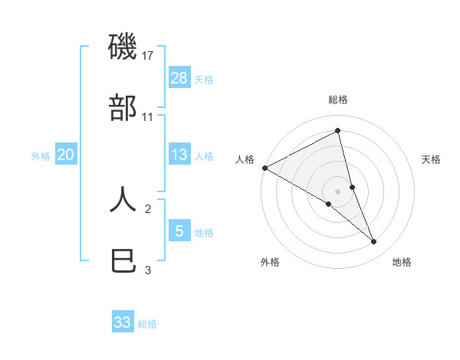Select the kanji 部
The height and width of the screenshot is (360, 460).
pos(123,109)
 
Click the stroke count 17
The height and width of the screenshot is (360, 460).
pos(149,56)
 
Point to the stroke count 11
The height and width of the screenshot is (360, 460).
pos(149,117)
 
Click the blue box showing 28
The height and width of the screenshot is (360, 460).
pos(179,78)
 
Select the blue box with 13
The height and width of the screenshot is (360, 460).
pos(179,155)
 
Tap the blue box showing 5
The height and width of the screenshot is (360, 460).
pos(179,231)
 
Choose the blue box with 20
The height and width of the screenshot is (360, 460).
pos(66,155)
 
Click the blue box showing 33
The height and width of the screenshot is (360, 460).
pos(123,322)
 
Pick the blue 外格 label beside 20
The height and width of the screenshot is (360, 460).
pos(41,156)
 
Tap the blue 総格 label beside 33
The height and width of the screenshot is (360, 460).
pos(147,324)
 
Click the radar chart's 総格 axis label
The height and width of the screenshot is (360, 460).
pos(338,100)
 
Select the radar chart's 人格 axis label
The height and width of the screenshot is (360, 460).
pos(245,159)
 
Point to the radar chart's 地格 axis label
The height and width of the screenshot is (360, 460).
pos(402,262)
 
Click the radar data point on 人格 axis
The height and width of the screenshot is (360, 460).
pos(264,168)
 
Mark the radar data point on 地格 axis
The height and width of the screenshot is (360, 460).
pos(374,242)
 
